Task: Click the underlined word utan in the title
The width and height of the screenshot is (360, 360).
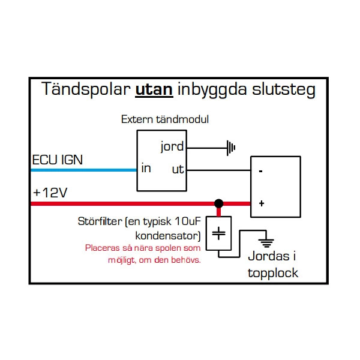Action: point(155,90)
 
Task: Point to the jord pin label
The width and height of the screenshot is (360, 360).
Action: point(172,146)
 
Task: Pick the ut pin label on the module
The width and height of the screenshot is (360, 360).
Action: point(178,169)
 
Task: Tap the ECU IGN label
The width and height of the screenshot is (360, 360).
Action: point(57,160)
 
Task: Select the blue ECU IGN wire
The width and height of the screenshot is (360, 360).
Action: point(84,170)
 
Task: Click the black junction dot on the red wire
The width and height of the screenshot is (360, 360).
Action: point(219,203)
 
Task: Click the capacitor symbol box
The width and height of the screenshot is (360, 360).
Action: point(219,234)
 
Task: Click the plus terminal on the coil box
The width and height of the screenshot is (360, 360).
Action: point(261,203)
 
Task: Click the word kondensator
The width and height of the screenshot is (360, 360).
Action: point(168,233)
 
